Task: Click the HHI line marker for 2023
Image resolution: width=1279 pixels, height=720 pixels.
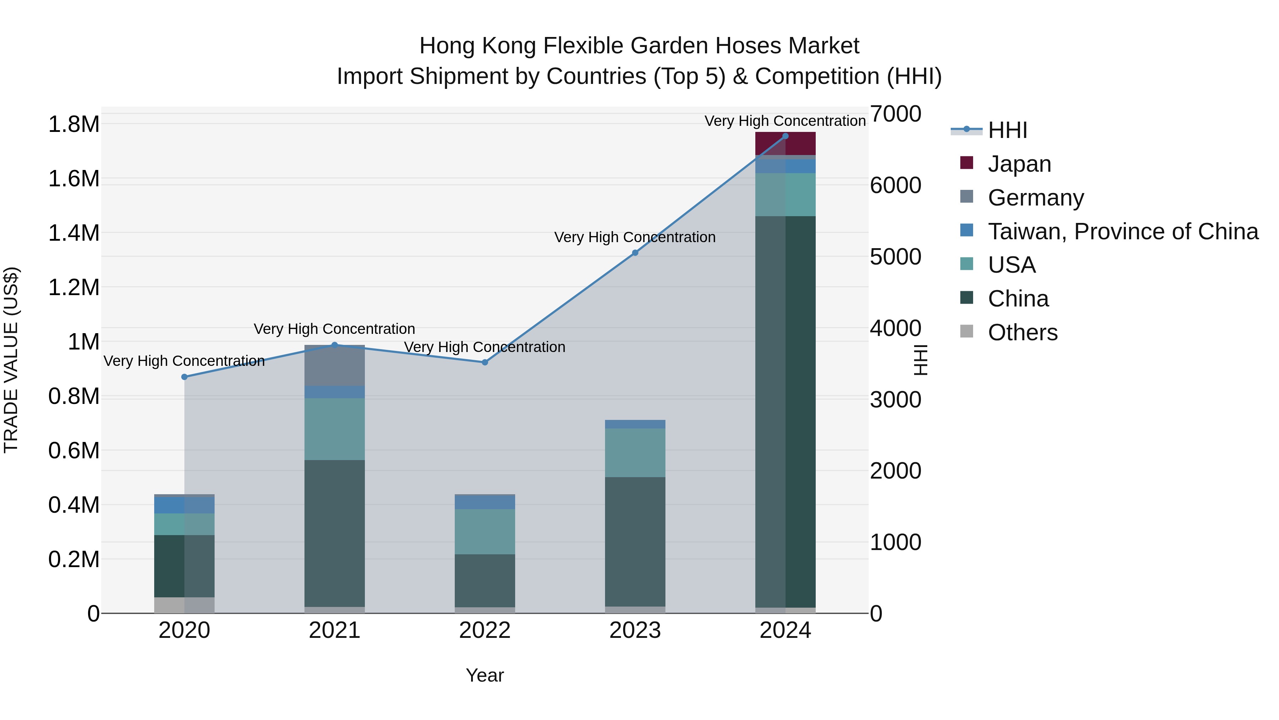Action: (635, 253)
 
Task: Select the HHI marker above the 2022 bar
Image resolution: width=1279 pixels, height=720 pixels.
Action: (485, 362)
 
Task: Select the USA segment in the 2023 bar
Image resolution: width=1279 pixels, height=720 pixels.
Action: (635, 453)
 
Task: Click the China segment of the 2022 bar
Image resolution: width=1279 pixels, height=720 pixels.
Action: (485, 580)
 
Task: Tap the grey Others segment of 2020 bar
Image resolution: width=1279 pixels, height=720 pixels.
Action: (184, 605)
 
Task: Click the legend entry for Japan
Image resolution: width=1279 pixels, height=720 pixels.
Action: (1019, 164)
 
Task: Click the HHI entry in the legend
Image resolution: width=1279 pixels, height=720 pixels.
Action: (1007, 130)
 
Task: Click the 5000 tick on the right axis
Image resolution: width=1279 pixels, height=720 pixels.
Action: (895, 257)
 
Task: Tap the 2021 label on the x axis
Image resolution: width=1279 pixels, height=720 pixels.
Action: (334, 630)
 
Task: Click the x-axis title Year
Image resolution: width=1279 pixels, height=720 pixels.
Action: (485, 675)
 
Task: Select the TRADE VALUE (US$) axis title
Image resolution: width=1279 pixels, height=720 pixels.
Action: (11, 360)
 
